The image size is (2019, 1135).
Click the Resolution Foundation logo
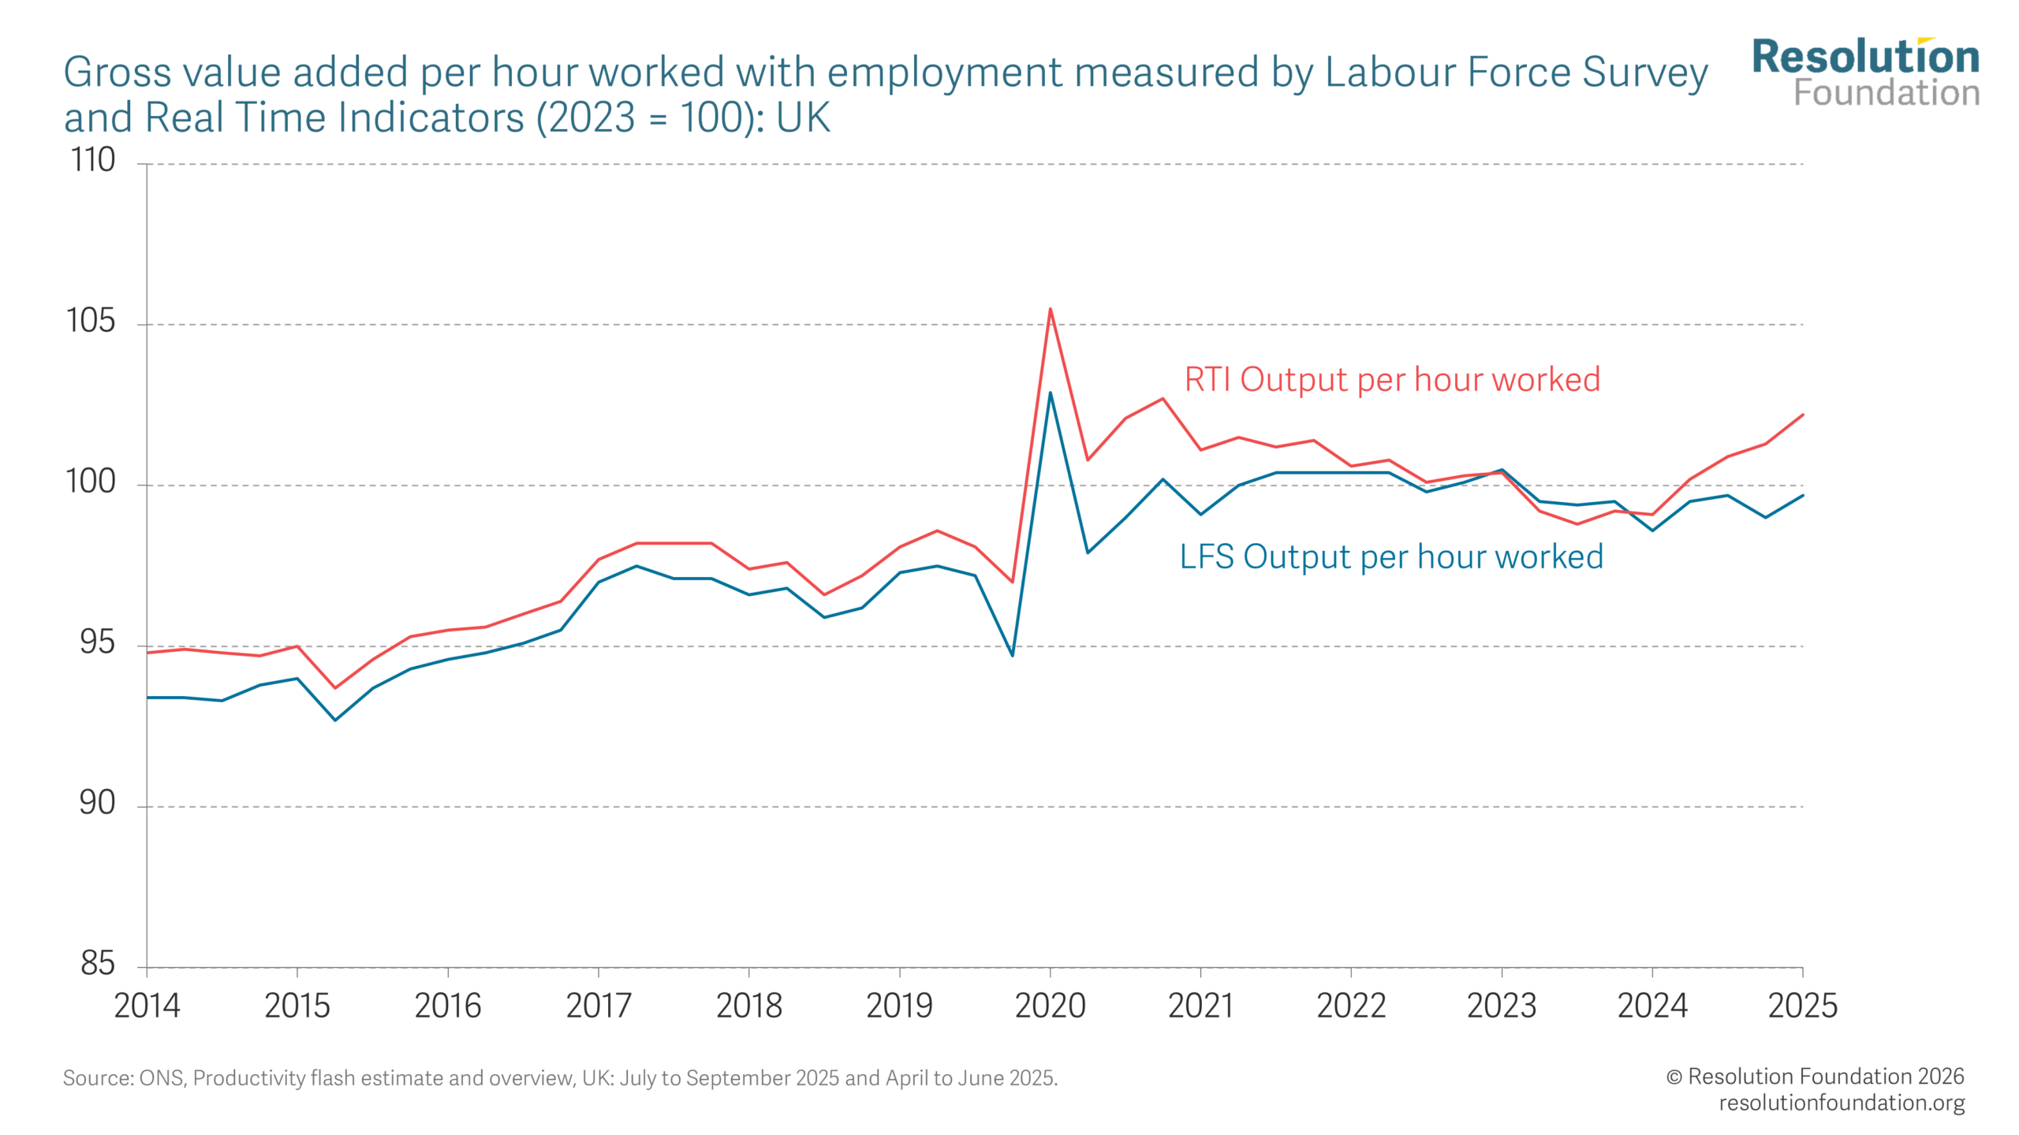point(1865,73)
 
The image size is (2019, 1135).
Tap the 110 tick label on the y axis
point(93,160)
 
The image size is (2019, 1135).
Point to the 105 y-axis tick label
point(91,321)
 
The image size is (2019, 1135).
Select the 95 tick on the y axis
point(97,642)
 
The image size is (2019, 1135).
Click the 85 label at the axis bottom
point(97,963)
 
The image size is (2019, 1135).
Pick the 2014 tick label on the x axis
point(147,1006)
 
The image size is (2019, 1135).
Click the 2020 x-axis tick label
point(1050,1006)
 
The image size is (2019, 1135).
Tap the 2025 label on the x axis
point(1802,1006)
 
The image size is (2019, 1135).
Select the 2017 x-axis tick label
point(599,1006)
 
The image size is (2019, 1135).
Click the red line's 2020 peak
point(1050,309)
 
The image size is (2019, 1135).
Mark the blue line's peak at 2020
point(1050,393)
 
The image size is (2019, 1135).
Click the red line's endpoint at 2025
point(1802,415)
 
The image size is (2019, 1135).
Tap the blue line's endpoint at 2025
point(1802,495)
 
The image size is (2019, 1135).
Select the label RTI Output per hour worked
point(1392,380)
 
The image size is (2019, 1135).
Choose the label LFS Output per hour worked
point(1391,556)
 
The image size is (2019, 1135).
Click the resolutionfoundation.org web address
point(1841,1103)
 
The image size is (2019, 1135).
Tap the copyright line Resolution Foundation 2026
point(1814,1076)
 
